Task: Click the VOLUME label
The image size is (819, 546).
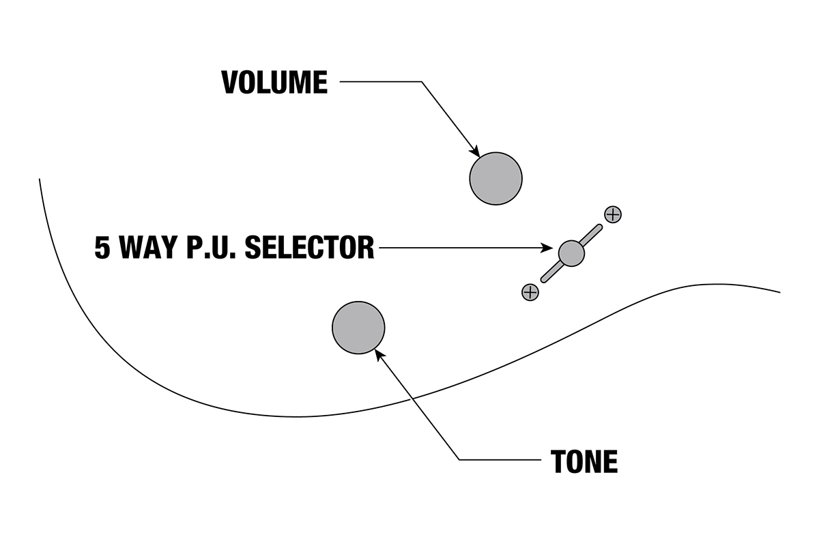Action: (274, 83)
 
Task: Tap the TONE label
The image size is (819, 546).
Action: (584, 462)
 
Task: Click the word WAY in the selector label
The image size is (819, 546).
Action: (149, 248)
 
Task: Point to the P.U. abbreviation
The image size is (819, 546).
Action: (207, 248)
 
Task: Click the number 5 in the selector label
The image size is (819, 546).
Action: (102, 248)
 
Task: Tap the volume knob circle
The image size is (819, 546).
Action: (495, 178)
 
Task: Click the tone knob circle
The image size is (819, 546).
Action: (358, 328)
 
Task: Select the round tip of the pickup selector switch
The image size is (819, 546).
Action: (571, 253)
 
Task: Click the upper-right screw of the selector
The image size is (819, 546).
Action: (613, 214)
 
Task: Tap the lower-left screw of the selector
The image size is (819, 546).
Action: (530, 292)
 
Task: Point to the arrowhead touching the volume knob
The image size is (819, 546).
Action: (475, 152)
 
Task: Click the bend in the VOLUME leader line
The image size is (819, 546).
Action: (422, 83)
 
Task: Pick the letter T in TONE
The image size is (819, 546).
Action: (558, 462)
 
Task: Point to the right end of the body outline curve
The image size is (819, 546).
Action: (779, 292)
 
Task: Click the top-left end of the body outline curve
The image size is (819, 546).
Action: (40, 179)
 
